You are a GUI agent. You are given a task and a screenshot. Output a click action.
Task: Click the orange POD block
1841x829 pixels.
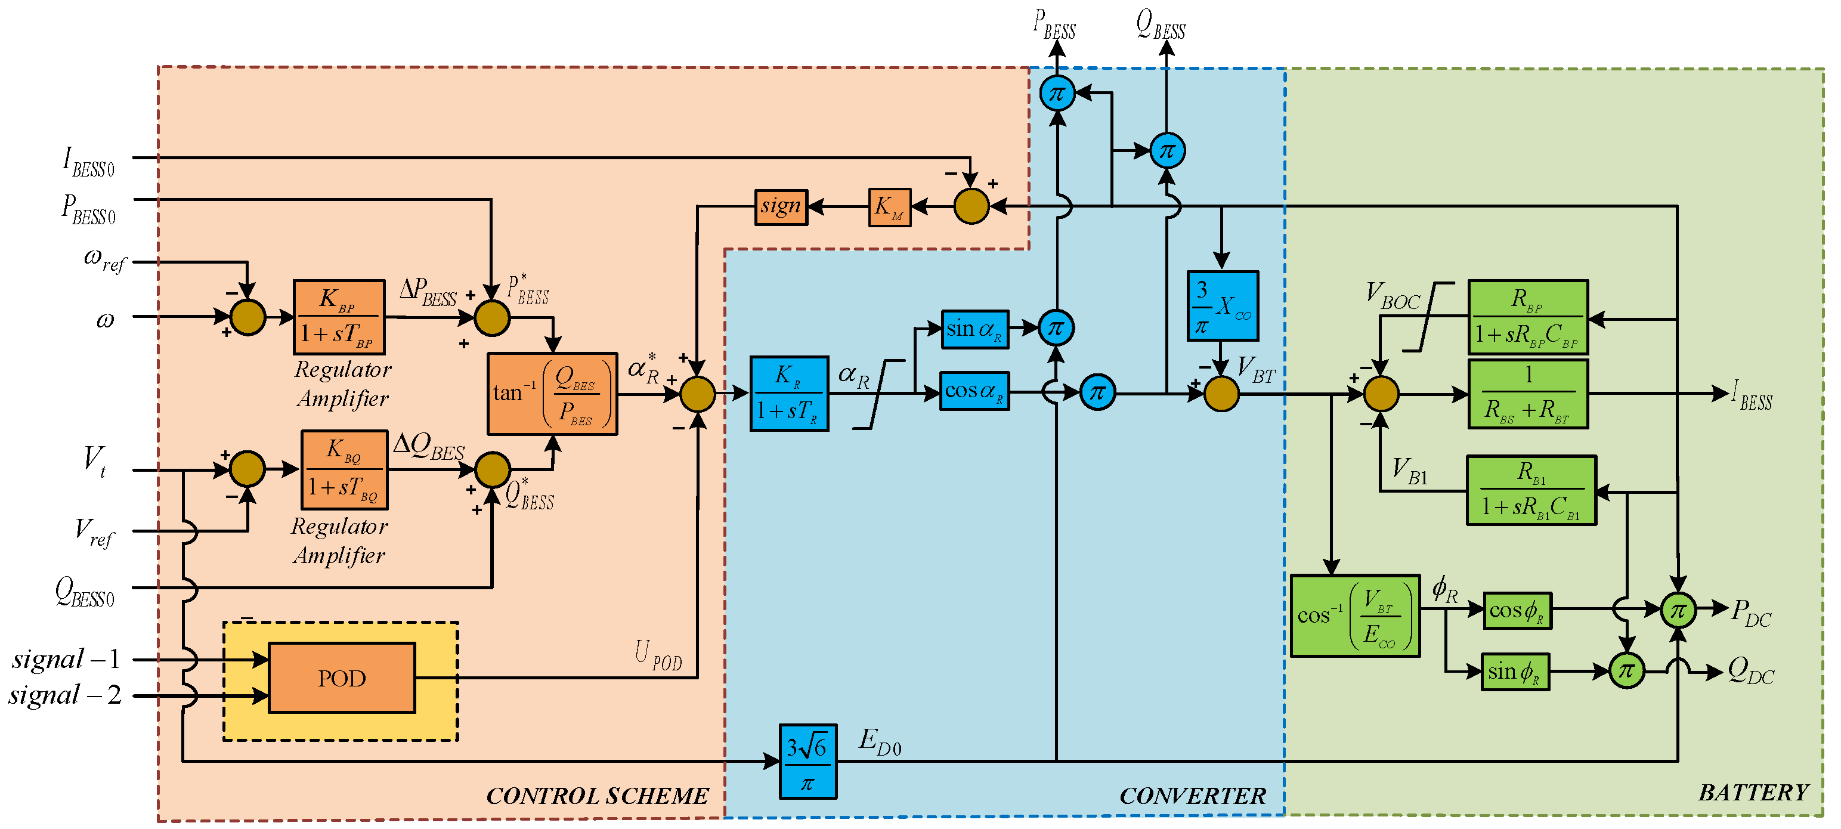(342, 678)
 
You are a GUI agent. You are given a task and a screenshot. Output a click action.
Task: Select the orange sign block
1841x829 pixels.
(781, 208)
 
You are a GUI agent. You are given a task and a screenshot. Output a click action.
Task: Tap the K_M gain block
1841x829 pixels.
(889, 208)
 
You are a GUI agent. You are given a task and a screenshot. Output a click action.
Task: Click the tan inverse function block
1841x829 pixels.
(552, 394)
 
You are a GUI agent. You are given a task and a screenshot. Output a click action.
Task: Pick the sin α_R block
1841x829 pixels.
(974, 329)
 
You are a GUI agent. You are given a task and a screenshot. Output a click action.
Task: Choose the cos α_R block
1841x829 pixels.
(974, 391)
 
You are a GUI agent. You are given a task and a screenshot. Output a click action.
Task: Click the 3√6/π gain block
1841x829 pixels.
(807, 761)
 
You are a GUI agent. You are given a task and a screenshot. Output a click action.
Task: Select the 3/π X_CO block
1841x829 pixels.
(1222, 306)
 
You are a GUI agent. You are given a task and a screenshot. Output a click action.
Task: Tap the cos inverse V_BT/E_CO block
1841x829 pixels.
(1354, 615)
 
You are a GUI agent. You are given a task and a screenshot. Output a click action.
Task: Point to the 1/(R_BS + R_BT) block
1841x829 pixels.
(1527, 394)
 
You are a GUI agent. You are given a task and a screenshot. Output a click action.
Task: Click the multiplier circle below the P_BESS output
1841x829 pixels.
(1056, 94)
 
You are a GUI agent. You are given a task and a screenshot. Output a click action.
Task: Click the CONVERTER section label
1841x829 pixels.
(1192, 796)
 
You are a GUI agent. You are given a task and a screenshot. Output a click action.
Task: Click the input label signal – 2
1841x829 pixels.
(64, 695)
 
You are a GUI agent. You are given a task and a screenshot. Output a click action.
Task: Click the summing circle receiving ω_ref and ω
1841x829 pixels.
(248, 317)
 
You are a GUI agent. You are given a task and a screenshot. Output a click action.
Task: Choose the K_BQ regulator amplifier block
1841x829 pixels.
(345, 469)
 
